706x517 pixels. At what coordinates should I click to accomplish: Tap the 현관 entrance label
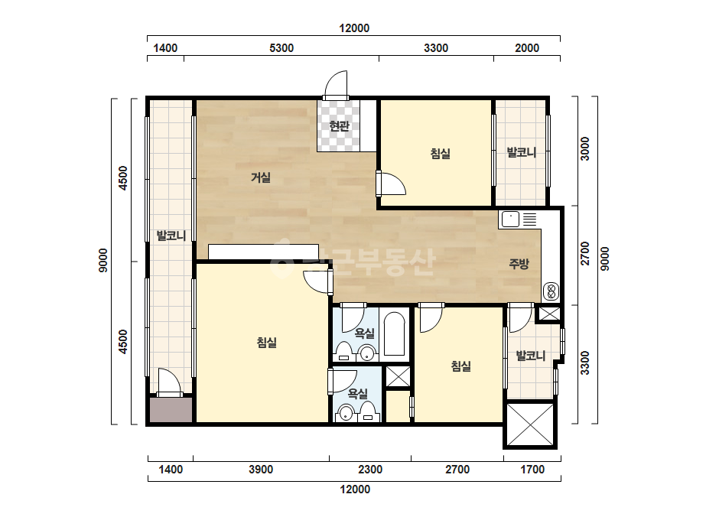coord(339,125)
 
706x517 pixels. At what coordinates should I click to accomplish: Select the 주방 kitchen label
coord(519,264)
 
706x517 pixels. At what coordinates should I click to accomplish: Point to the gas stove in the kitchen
coord(551,291)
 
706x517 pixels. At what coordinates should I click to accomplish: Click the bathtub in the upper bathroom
coord(395,333)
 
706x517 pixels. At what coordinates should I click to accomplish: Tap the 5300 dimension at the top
coord(281,47)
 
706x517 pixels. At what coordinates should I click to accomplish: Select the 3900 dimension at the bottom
coord(261,470)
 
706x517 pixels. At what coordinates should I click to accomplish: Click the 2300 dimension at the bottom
coord(370,470)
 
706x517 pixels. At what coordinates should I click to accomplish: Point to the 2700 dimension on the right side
coord(584,254)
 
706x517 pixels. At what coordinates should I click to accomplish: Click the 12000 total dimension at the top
coord(354,28)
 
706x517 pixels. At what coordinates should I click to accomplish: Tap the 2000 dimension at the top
coord(527,47)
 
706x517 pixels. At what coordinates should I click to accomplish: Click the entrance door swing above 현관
coord(337,85)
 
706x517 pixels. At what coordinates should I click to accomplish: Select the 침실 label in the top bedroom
coord(441,154)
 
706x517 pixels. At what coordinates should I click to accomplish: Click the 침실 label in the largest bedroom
coord(266,343)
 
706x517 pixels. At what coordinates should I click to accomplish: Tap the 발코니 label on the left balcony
coord(171,235)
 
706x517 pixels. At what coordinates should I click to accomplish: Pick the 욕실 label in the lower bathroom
coord(358,394)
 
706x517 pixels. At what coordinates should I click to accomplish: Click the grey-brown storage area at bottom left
coord(171,409)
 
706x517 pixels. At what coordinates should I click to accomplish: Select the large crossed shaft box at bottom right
coord(530,424)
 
